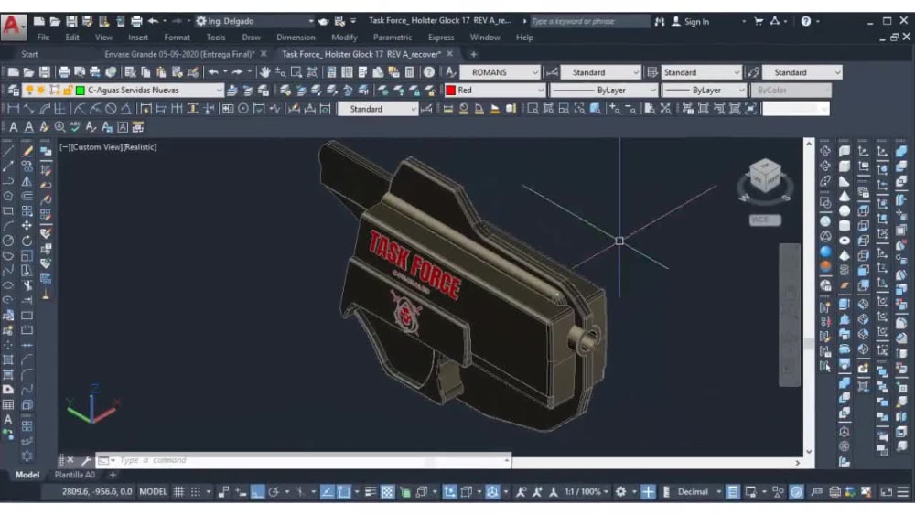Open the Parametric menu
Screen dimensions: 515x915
[392, 38]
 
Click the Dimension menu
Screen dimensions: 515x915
[296, 38]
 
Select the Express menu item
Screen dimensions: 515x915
[441, 38]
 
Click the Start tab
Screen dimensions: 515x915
[30, 54]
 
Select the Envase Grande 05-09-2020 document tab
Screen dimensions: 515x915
[178, 54]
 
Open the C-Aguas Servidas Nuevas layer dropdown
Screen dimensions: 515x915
[151, 91]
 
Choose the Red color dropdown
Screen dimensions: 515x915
[494, 91]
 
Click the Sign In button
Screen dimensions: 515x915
[696, 21]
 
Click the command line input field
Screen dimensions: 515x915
[302, 460]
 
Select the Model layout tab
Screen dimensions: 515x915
[27, 475]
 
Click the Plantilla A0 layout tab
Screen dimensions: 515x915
[74, 475]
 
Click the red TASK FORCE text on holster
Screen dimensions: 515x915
[414, 263]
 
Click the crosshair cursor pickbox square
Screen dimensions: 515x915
[619, 241]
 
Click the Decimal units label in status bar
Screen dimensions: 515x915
[693, 492]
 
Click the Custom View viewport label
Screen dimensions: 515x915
[108, 146]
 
